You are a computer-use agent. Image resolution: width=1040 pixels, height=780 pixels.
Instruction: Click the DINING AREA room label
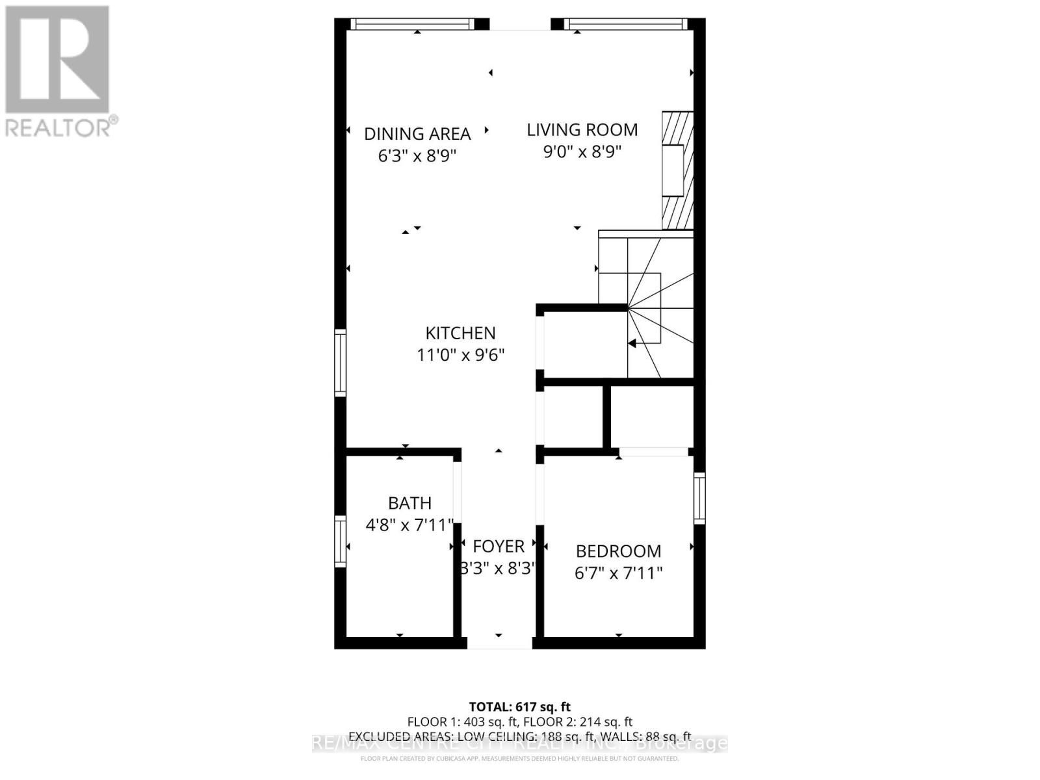417,134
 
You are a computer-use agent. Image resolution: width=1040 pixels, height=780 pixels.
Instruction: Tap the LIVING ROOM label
582,130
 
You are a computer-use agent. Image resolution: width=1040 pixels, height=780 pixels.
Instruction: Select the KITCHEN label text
460,333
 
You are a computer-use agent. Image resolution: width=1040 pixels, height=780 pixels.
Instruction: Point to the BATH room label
409,503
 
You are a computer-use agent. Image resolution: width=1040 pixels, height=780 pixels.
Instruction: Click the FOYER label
499,546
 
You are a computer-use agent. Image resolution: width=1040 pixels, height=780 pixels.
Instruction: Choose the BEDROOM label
618,551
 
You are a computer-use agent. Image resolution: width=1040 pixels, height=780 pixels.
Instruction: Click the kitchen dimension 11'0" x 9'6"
460,355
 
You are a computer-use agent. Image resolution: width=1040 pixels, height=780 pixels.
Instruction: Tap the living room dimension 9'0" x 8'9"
582,152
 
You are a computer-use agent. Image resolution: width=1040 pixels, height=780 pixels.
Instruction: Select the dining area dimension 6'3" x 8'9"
417,156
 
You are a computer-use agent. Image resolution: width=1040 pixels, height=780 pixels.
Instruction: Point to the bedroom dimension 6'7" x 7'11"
618,573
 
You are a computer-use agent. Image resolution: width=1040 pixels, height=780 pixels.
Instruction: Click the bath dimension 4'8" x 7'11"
409,525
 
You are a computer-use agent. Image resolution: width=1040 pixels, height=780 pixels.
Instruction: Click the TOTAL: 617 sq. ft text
519,707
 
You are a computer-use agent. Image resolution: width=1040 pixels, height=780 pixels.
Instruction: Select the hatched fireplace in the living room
677,171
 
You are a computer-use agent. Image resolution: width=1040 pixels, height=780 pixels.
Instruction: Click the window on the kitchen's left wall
340,363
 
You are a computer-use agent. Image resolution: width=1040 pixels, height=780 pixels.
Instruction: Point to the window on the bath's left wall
340,541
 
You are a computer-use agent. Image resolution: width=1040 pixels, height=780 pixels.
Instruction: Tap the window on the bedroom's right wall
699,498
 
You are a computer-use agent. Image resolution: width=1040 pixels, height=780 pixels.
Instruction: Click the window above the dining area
413,24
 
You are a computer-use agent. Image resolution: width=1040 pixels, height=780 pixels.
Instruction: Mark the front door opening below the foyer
499,643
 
